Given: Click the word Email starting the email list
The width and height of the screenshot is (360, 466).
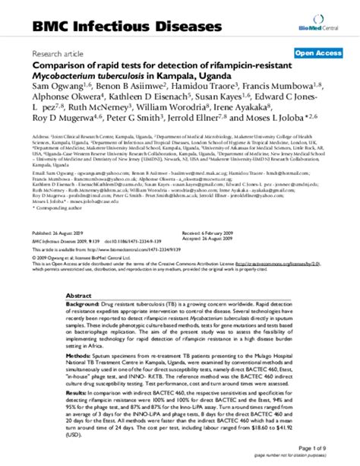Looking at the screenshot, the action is (x=39, y=173).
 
